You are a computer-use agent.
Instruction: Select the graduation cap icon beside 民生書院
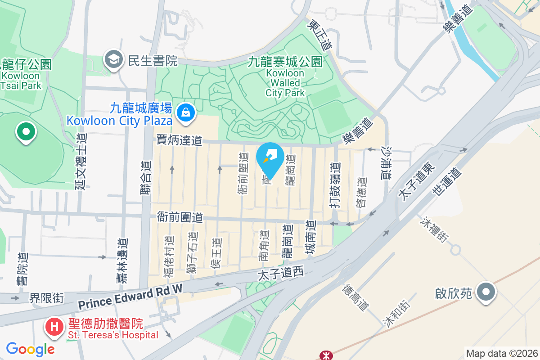pos(113,59)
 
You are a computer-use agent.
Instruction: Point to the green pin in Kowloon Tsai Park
pos(26,132)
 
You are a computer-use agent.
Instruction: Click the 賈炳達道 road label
pos(179,140)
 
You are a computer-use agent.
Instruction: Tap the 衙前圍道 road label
pos(180,217)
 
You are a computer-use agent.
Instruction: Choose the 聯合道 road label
pos(145,178)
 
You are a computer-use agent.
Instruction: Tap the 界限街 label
pos(47,298)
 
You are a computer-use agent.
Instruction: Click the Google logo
pos(30,349)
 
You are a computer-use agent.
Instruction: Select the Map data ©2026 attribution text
pos(501,353)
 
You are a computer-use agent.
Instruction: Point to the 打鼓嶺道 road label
pos(334,184)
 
